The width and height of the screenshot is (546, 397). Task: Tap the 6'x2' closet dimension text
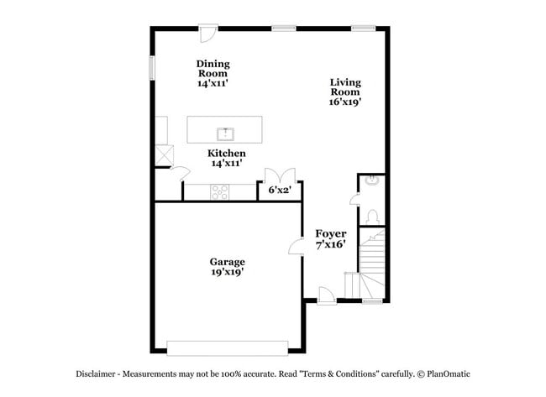point(279,191)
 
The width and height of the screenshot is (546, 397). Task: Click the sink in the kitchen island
point(225,133)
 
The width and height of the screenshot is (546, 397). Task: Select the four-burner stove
point(219,192)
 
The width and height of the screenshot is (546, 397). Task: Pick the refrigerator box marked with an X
point(163,155)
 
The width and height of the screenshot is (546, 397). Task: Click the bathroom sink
point(371,182)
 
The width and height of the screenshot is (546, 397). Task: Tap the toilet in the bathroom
point(371,216)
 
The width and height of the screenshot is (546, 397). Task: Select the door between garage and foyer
point(296,246)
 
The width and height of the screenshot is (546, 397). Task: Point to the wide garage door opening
point(227,346)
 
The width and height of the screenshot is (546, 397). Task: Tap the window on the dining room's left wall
point(152,67)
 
